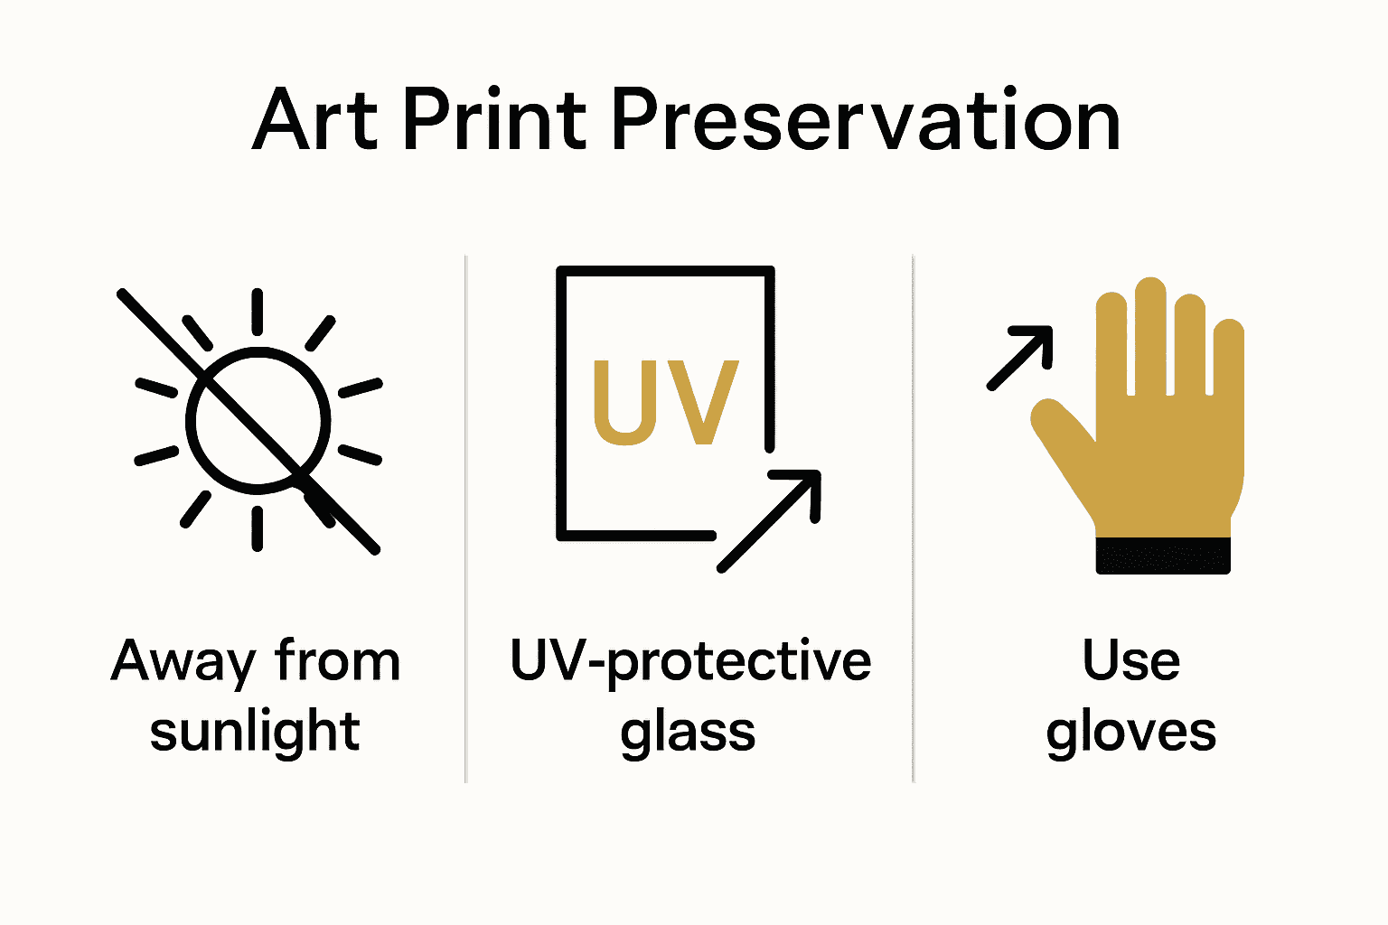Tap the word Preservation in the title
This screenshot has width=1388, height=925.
click(866, 120)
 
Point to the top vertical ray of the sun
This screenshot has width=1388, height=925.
click(258, 311)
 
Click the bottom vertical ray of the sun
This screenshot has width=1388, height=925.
click(258, 528)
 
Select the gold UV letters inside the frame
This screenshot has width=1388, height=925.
click(666, 403)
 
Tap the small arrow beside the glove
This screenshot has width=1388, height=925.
click(1022, 357)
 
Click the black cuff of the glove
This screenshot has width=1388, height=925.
click(1163, 555)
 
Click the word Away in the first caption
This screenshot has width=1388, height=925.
click(183, 661)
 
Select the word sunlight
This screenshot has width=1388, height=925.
click(255, 731)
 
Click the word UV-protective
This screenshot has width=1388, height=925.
click(690, 661)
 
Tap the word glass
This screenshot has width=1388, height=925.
click(688, 733)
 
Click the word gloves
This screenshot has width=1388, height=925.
click(1131, 733)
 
